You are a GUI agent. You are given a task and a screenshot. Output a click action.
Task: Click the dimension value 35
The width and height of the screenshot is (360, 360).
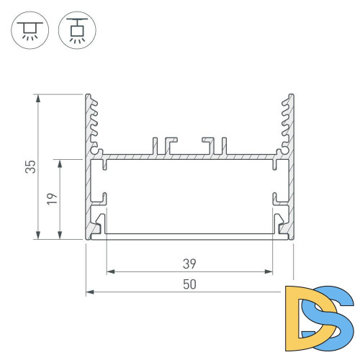[x=30, y=167]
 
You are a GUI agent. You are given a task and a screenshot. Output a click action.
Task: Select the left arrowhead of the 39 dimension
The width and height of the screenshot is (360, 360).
[x=110, y=272]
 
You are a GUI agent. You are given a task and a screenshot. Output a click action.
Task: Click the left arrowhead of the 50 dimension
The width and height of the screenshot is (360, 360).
[x=89, y=292]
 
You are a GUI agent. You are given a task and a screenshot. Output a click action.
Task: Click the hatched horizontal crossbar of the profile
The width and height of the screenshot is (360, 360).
[x=189, y=156]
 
